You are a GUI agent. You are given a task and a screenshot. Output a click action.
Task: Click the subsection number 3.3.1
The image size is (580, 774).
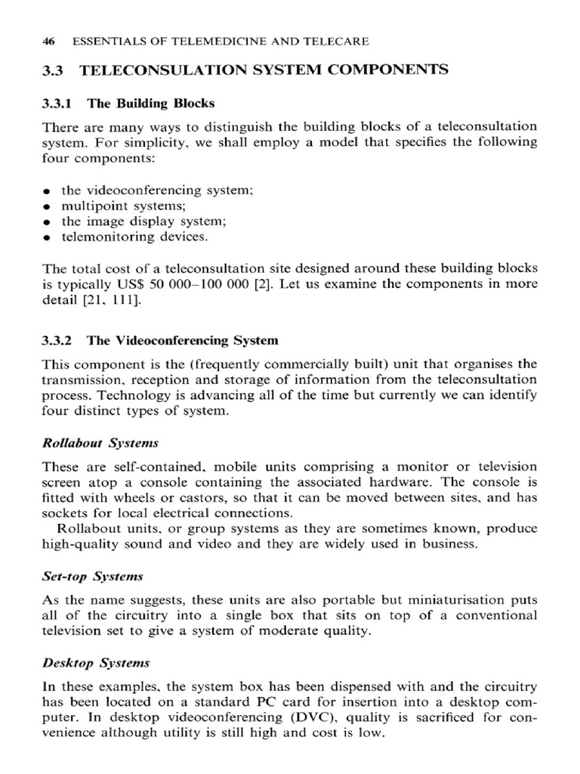click(x=57, y=104)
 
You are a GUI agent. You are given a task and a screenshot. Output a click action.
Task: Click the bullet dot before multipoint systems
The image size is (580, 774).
click(x=48, y=206)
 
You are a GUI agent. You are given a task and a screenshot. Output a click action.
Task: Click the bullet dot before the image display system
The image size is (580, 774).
click(x=48, y=221)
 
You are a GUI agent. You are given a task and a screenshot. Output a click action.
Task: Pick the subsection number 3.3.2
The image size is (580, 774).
click(x=57, y=341)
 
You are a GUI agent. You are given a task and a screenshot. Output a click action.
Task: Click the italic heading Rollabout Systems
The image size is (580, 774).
click(x=100, y=442)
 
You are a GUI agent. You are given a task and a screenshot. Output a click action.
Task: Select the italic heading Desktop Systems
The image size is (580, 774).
click(x=96, y=663)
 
